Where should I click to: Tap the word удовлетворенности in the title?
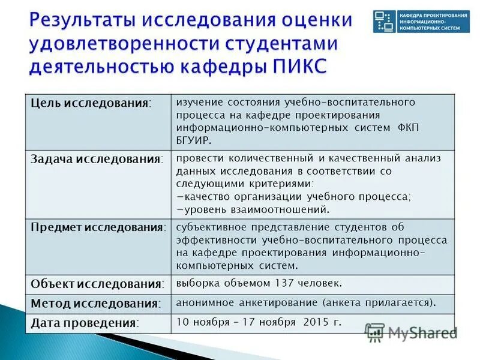point(115,43)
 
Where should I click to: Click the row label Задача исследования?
point(97,160)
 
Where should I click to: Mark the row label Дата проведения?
point(85,323)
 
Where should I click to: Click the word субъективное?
point(212,227)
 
